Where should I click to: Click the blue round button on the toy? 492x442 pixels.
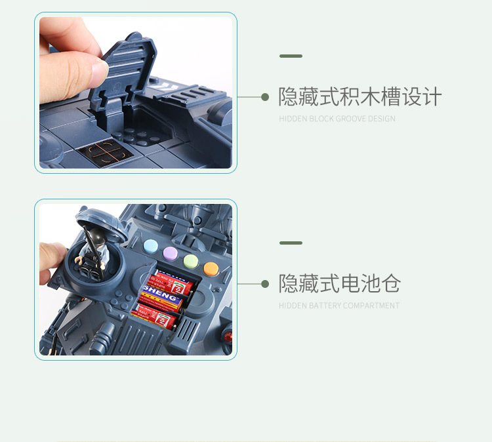click(x=151, y=247)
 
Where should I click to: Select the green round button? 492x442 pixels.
click(x=190, y=260)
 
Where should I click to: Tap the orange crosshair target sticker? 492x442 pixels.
click(x=104, y=151)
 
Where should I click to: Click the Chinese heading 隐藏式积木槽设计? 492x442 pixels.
click(x=359, y=97)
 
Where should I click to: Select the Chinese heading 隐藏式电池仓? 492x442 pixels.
click(x=339, y=284)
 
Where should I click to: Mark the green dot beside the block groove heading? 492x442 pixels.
click(x=265, y=97)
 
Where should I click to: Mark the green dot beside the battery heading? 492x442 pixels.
click(x=265, y=284)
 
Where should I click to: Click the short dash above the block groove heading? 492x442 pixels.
click(x=291, y=56)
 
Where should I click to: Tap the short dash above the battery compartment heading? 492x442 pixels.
click(x=291, y=243)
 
